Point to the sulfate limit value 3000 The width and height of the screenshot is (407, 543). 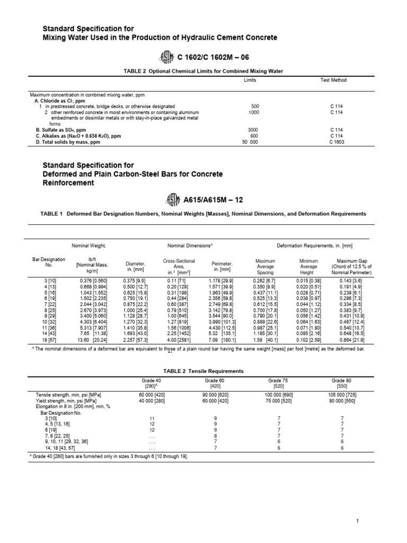click(x=253, y=129)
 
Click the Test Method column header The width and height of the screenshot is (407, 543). click(x=334, y=80)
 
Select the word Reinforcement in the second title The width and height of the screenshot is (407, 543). click(x=69, y=182)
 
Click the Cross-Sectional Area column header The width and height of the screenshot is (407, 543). click(x=179, y=265)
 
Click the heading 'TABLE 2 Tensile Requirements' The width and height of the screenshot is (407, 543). click(x=203, y=371)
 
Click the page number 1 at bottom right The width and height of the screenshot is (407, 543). click(x=359, y=522)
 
